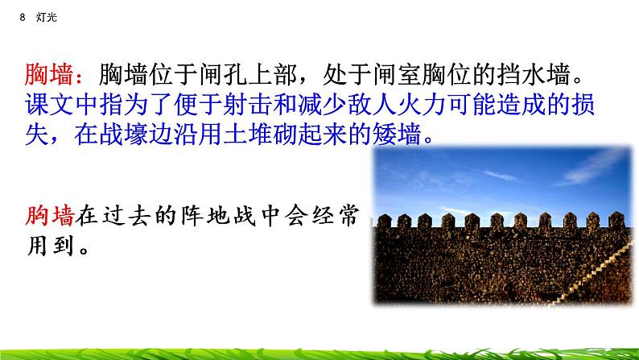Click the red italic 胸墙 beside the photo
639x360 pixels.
pos(50,215)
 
